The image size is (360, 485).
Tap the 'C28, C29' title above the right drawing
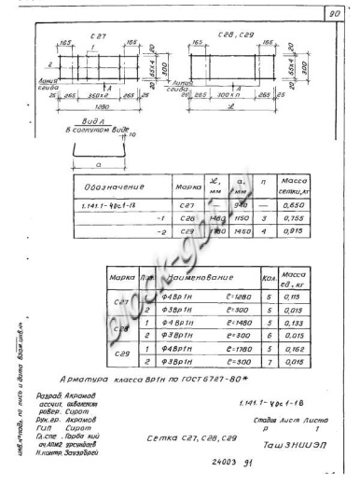(x=232, y=35)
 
